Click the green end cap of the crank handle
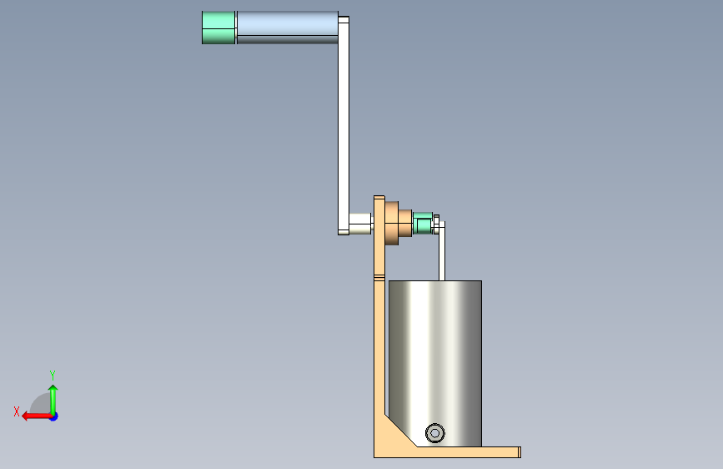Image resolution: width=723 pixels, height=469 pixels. (218, 28)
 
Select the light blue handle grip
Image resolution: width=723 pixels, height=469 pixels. (287, 28)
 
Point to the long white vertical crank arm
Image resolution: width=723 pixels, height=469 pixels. (344, 125)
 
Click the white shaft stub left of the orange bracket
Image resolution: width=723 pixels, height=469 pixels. (360, 224)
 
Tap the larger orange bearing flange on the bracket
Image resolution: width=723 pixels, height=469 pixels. (391, 223)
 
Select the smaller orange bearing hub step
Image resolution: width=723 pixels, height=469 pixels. (405, 223)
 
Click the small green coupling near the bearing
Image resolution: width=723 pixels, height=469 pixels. (423, 223)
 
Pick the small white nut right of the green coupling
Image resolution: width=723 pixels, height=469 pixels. (436, 224)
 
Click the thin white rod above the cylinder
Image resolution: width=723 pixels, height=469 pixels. (442, 251)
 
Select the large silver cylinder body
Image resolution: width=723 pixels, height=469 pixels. (435, 363)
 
